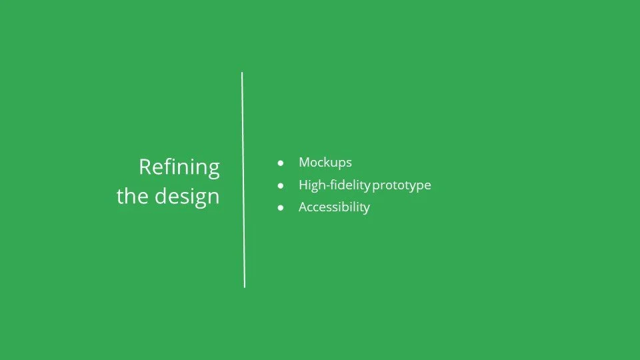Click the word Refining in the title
(x=179, y=167)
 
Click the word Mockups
(x=325, y=162)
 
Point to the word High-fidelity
(x=334, y=185)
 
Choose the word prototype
(x=402, y=185)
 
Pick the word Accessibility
(x=334, y=207)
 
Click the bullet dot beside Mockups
(x=281, y=163)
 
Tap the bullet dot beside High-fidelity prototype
(x=281, y=185)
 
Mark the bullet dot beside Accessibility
(x=281, y=207)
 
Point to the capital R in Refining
(x=145, y=167)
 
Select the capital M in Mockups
(x=304, y=162)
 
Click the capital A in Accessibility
(x=303, y=207)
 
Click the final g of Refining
(x=213, y=169)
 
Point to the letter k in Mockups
(x=327, y=162)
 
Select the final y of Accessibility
(x=366, y=209)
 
